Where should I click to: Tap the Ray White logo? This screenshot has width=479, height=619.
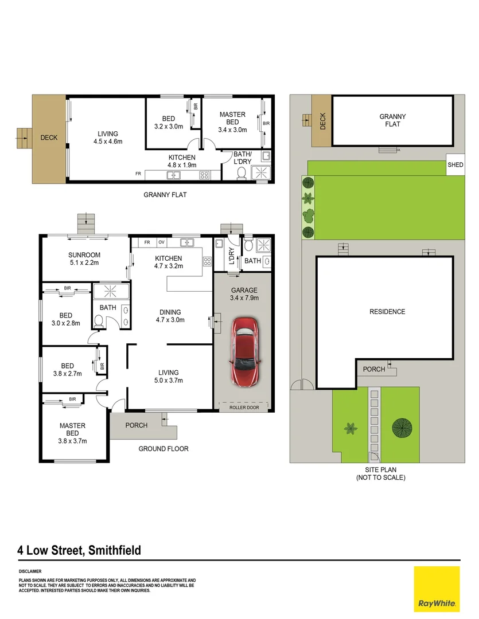tap(437, 589)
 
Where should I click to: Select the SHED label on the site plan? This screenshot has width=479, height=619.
tap(455, 164)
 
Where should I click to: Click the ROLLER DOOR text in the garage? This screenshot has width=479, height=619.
tap(244, 408)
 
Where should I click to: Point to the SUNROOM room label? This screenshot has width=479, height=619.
tap(84, 255)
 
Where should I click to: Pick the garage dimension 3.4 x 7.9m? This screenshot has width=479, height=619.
tap(244, 298)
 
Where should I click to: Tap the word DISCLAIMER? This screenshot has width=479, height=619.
tap(30, 571)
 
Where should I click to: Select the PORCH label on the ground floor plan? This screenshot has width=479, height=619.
tap(136, 425)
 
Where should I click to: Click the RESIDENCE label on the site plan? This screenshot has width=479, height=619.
tap(387, 312)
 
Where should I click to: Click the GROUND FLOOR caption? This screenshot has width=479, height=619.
tap(163, 449)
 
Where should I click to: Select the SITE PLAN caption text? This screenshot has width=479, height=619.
tap(380, 469)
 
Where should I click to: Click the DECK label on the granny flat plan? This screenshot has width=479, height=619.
tap(49, 138)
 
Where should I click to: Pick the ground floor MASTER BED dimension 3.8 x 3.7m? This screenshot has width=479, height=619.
tap(72, 441)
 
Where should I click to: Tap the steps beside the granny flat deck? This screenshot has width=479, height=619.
tap(23, 136)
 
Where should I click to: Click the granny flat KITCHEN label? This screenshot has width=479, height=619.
tap(182, 158)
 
